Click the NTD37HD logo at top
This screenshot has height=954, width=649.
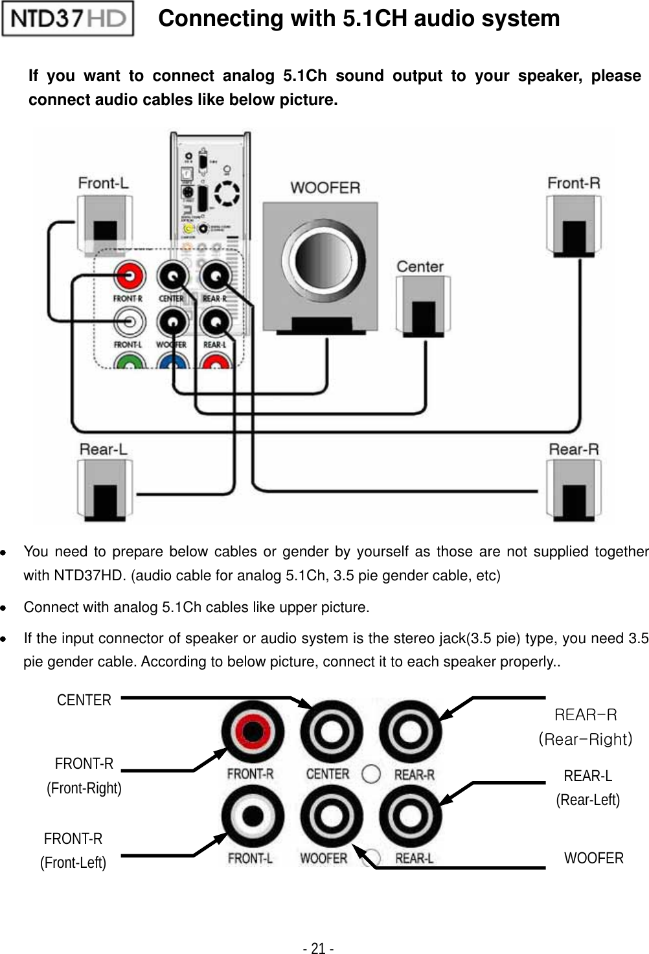68,19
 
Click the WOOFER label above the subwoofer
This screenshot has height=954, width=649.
324,188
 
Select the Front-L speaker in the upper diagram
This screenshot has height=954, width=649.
104,223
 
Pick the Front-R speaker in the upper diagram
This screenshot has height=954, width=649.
573,223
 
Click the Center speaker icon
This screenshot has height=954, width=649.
423,306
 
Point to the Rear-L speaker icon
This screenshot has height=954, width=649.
104,490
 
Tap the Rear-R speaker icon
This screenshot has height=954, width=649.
573,490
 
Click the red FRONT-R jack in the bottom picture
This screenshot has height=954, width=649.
252,733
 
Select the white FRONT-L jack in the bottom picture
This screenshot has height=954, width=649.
252,817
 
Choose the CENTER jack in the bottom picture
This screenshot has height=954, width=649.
330,733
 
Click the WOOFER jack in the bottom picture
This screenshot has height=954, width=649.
330,817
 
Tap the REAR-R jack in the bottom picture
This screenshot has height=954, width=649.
410,733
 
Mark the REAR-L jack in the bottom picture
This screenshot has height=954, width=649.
410,817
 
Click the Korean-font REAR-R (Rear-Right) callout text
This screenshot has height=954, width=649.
586,727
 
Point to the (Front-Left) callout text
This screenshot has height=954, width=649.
73,863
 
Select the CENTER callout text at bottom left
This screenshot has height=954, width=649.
84,700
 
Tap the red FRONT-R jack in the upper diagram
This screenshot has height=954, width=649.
129,277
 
